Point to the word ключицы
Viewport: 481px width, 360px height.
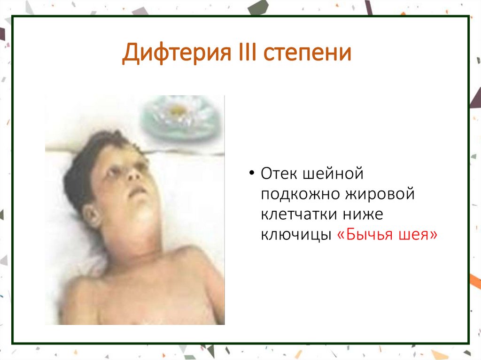point(294,235)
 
